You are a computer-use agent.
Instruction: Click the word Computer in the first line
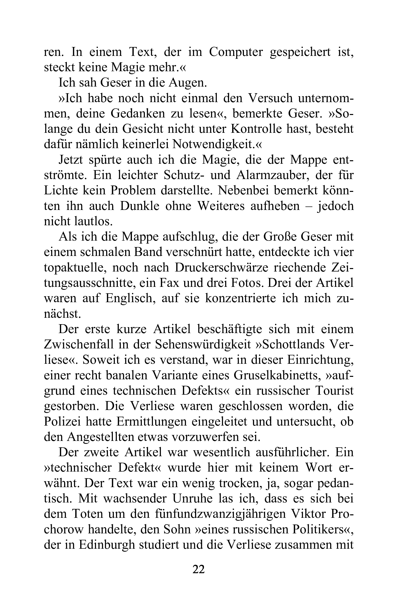coord(236,52)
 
